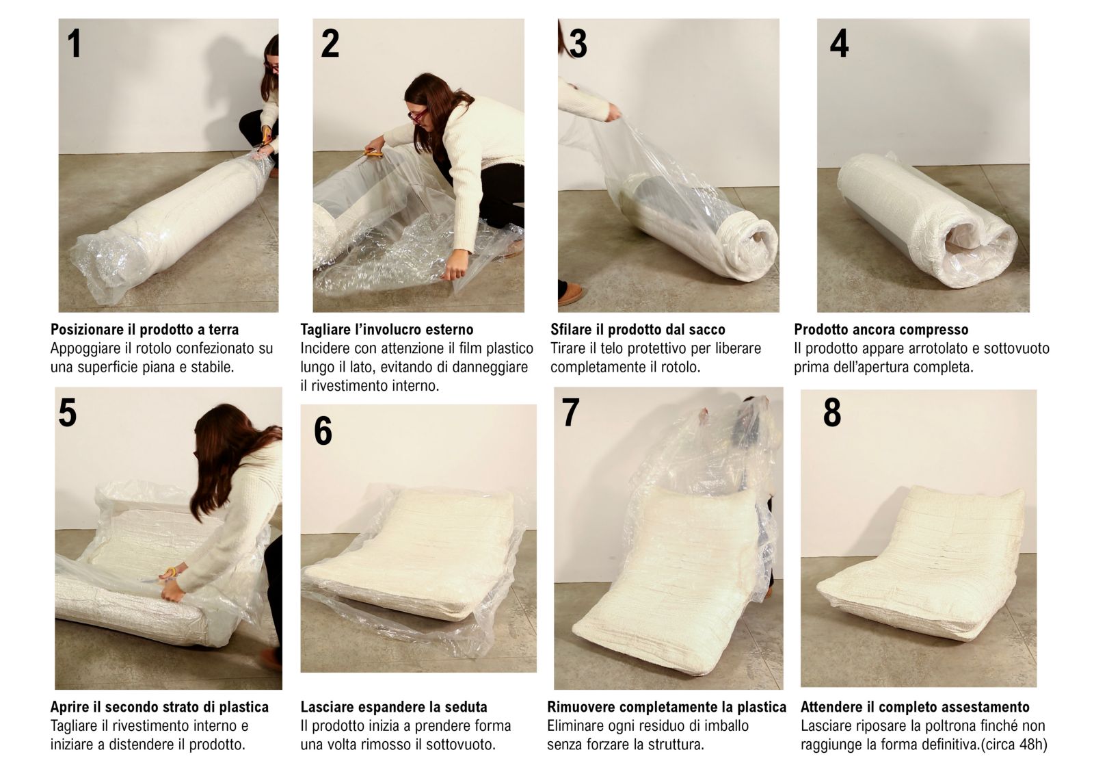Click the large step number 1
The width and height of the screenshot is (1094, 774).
pos(75,44)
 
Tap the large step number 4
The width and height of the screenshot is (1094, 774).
pos(839,44)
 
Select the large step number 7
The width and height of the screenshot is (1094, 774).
pos(570,412)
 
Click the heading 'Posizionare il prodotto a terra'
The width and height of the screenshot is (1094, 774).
pos(144,330)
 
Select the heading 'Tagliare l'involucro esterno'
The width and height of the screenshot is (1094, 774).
pos(387,330)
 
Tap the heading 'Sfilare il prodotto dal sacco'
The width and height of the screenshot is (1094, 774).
pos(638,330)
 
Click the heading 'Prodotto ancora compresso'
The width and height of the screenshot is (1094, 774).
pos(881,330)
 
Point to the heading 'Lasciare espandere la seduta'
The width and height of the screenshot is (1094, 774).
pos(394,707)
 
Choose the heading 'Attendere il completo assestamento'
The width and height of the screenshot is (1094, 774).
pos(915,707)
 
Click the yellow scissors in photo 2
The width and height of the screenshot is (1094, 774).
pos(373,153)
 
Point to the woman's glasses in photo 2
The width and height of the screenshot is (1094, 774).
pos(418,116)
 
